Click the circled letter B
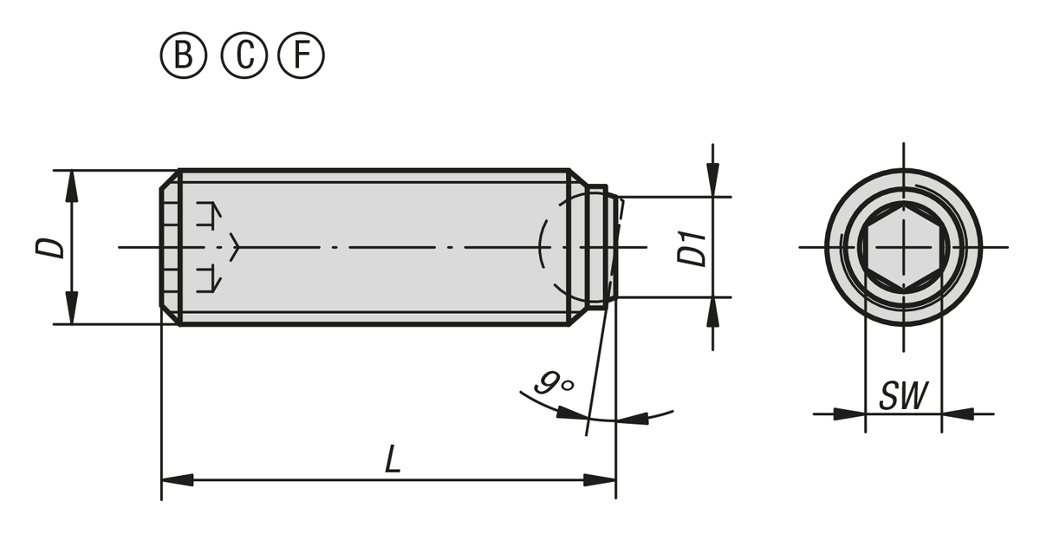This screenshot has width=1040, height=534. (184, 55)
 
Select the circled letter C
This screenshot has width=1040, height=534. (244, 55)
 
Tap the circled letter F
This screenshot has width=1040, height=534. (301, 55)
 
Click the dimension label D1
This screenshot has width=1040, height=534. (692, 248)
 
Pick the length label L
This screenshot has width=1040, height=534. (393, 459)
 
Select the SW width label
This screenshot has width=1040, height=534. (903, 395)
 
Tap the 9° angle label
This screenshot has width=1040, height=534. (554, 382)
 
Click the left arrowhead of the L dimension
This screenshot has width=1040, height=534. (178, 480)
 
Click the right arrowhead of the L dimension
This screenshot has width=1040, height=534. (600, 480)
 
